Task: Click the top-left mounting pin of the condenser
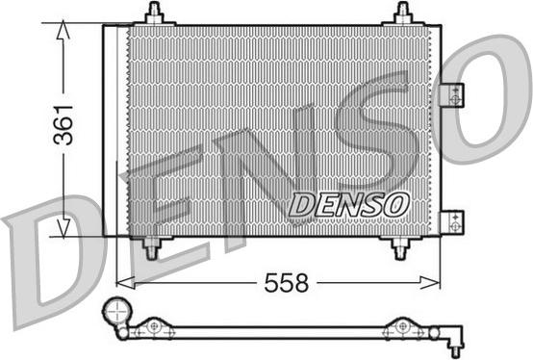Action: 155,13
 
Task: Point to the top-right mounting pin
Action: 402,13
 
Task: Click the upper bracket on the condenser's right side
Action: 450,96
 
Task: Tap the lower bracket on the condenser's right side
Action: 450,221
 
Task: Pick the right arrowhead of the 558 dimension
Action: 435,282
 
